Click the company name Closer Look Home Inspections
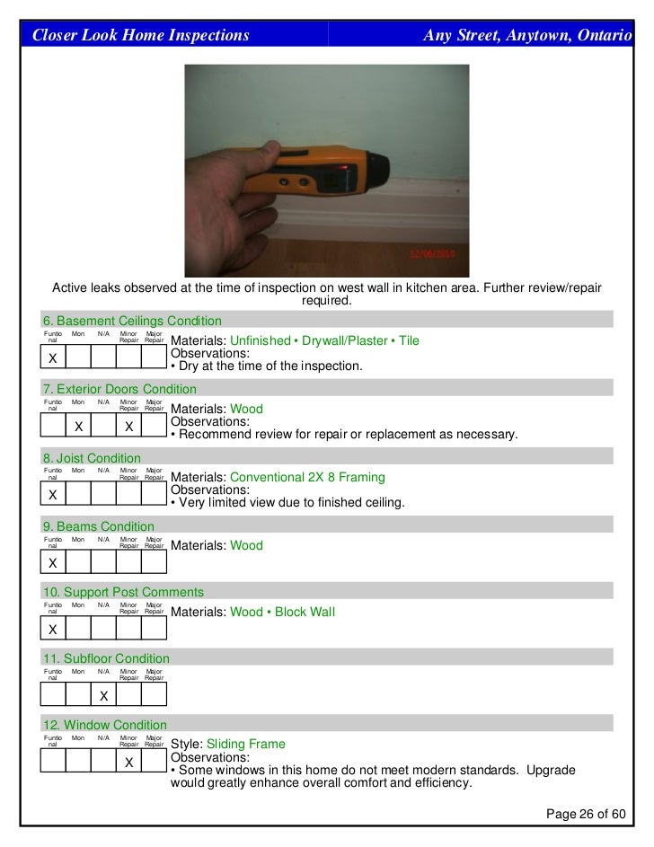tap(141, 36)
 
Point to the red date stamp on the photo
tap(434, 254)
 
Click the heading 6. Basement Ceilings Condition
tap(132, 321)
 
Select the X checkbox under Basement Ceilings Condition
tap(53, 358)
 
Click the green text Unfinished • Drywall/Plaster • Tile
tap(324, 341)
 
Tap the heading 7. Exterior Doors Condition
tap(119, 389)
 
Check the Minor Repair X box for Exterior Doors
tap(129, 427)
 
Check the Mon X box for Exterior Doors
tap(78, 427)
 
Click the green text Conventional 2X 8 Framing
tap(307, 478)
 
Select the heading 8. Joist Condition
tap(92, 458)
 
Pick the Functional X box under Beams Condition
tap(53, 563)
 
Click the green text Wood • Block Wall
tap(282, 613)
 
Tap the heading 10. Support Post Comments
tap(123, 592)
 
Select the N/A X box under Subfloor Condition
tap(103, 695)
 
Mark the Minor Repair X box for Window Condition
tap(129, 763)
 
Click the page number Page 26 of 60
tap(586, 814)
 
